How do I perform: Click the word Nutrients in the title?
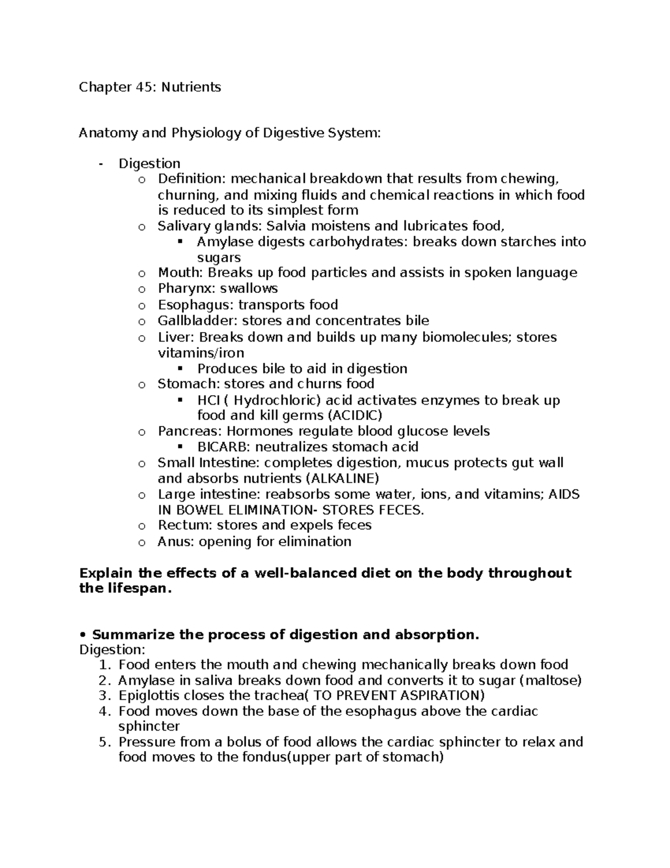click(192, 87)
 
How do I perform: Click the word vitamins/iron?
click(201, 353)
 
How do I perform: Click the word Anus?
click(174, 542)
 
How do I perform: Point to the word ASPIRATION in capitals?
click(441, 696)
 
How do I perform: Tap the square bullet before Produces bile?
click(180, 369)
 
